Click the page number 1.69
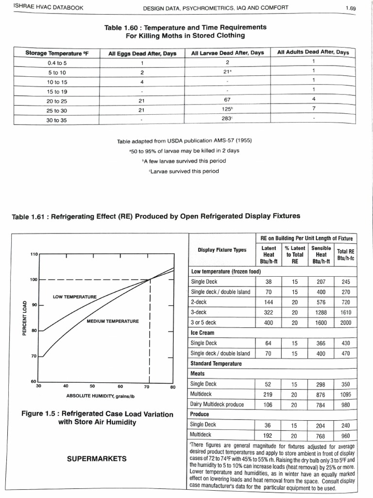click(x=351, y=8)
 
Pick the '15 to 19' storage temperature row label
click(x=57, y=91)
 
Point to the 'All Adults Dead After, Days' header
click(x=313, y=52)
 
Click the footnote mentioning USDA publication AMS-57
click(x=184, y=141)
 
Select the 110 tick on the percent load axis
click(x=34, y=254)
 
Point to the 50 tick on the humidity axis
click(x=93, y=387)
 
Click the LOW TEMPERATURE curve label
click(x=75, y=296)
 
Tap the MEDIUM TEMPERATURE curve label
click(x=113, y=321)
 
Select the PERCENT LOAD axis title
click(x=25, y=319)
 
